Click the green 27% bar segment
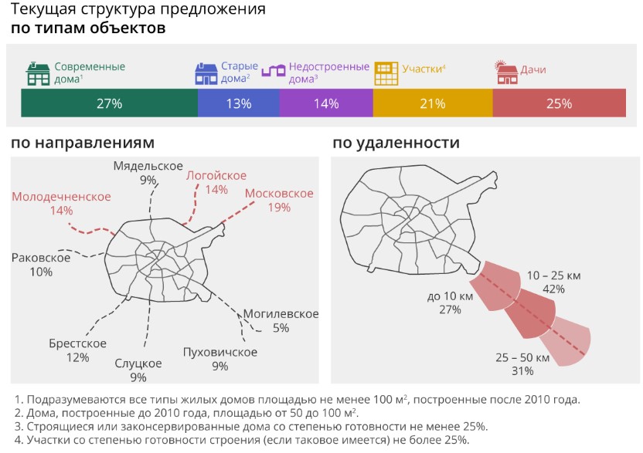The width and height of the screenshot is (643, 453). click(x=109, y=103)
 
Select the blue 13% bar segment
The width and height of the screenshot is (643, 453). click(x=239, y=103)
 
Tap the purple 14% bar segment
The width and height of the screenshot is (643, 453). click(x=326, y=103)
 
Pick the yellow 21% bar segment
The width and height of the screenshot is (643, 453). click(x=433, y=103)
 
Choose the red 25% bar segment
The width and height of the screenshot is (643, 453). click(x=559, y=103)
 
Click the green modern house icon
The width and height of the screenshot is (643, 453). click(x=38, y=73)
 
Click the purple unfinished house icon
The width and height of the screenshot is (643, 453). click(x=274, y=71)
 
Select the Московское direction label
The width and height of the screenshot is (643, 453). click(x=279, y=193)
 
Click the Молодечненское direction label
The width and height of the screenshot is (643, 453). click(x=61, y=197)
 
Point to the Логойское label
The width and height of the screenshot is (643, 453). click(x=216, y=175)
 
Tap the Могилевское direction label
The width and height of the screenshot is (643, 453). click(x=281, y=314)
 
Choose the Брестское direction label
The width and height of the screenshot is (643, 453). click(x=77, y=343)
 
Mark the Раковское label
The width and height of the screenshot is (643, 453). click(x=41, y=258)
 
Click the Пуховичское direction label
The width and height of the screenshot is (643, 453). click(x=220, y=353)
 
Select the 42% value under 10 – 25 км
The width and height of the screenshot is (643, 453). click(x=554, y=289)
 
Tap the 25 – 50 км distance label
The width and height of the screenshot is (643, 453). click(x=522, y=358)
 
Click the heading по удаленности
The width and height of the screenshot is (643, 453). click(x=396, y=143)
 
